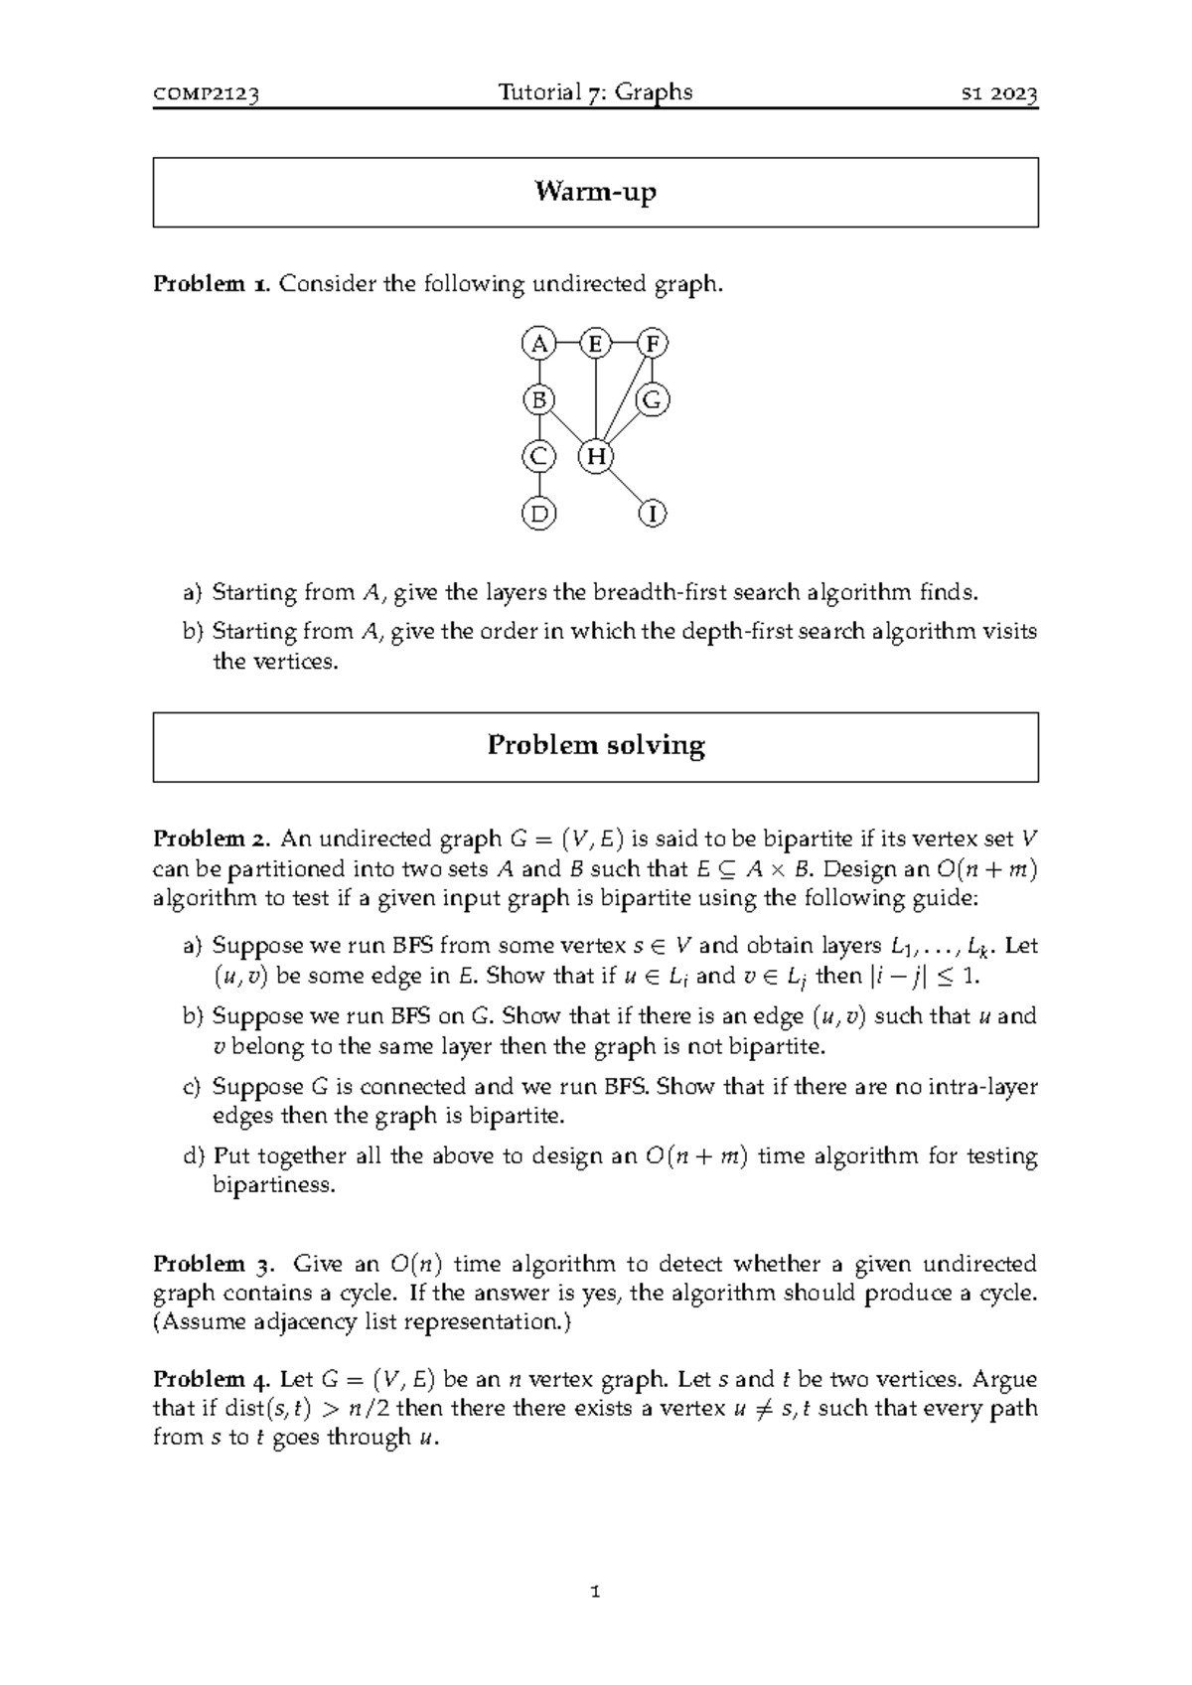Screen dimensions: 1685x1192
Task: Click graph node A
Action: point(538,344)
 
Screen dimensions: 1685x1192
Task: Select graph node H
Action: point(595,457)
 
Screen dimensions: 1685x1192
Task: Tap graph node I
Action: point(653,514)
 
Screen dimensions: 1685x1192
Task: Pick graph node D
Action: point(538,514)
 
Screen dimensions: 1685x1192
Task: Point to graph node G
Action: point(653,400)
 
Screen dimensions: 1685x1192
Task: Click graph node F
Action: point(653,344)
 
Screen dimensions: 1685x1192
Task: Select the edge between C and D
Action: point(538,485)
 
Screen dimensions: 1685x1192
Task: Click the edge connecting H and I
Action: point(624,486)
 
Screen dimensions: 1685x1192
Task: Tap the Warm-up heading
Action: point(595,191)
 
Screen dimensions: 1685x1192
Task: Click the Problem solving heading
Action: point(595,745)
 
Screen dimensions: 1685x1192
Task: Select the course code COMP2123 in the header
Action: point(207,94)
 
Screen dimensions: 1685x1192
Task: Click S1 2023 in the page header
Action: point(998,94)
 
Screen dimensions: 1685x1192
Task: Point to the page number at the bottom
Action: point(595,1591)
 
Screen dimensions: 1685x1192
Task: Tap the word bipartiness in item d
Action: point(274,1185)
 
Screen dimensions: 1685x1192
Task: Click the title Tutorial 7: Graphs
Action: point(595,92)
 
